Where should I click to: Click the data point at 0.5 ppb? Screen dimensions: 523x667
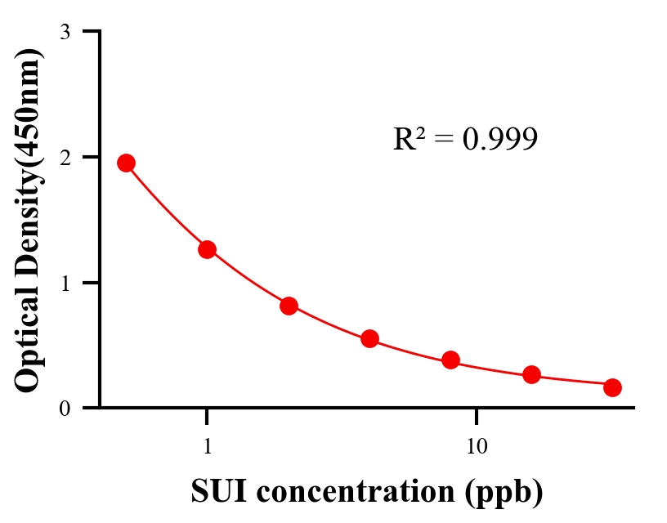click(x=126, y=163)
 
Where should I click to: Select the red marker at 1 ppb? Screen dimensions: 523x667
click(x=207, y=249)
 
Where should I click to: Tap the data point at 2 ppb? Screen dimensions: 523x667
click(x=289, y=306)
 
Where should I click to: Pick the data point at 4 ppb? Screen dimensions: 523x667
click(x=369, y=338)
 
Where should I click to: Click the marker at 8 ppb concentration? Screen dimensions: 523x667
click(x=450, y=360)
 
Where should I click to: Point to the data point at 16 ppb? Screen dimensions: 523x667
click(x=531, y=374)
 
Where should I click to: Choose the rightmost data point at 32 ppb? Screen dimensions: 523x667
click(x=612, y=387)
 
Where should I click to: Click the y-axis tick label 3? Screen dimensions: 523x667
click(x=65, y=32)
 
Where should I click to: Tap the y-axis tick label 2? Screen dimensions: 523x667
click(x=65, y=157)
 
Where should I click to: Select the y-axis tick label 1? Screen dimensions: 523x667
click(x=65, y=283)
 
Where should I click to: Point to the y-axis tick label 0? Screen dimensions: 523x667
click(x=65, y=408)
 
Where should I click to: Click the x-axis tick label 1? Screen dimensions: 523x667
click(x=207, y=447)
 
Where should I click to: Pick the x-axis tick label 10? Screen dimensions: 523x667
click(x=477, y=447)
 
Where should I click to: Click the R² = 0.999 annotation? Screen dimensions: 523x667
click(x=465, y=139)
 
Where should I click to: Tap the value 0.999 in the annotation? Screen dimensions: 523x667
click(x=499, y=140)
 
